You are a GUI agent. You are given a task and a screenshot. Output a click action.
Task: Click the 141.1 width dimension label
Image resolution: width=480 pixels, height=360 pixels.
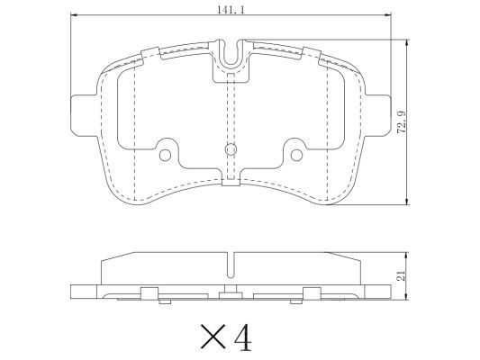pos(231,10)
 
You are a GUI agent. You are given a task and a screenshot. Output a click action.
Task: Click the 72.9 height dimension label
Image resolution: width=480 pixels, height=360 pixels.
pos(402,121)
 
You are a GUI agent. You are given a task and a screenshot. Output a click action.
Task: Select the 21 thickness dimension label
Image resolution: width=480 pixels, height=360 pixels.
pos(401,275)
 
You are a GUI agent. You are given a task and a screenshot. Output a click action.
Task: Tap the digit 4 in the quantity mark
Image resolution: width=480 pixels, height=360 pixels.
pos(243,337)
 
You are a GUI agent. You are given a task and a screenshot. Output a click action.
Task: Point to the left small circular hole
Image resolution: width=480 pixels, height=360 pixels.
pos(165,156)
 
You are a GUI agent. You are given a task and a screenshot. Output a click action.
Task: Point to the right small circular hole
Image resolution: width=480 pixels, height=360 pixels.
pos(296,156)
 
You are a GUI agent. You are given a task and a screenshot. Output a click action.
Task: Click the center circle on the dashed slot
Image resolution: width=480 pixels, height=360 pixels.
pos(231,149)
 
